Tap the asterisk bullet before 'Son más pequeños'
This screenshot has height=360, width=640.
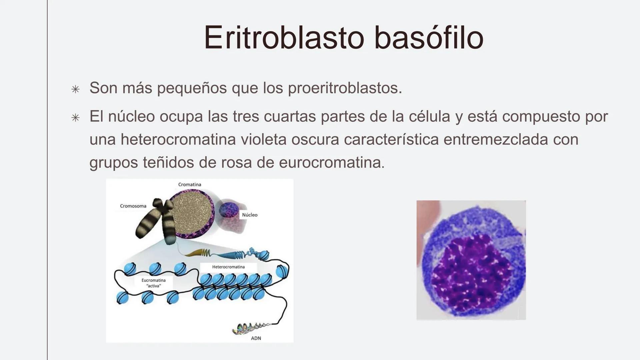pyautogui.click(x=76, y=89)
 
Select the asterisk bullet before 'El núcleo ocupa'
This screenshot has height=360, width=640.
pyautogui.click(x=76, y=118)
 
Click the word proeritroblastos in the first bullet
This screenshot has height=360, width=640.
pyautogui.click(x=345, y=88)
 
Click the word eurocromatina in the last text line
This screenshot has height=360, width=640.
pyautogui.click(x=331, y=163)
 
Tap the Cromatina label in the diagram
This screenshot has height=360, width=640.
pyautogui.click(x=189, y=184)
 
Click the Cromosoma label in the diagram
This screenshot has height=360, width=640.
pyautogui.click(x=133, y=206)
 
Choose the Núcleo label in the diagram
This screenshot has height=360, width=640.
pyautogui.click(x=249, y=215)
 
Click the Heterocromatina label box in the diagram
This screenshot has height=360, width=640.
pyautogui.click(x=228, y=267)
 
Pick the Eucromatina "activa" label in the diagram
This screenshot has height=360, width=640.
pyautogui.click(x=153, y=283)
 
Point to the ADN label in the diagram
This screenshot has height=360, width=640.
pyautogui.click(x=256, y=338)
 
